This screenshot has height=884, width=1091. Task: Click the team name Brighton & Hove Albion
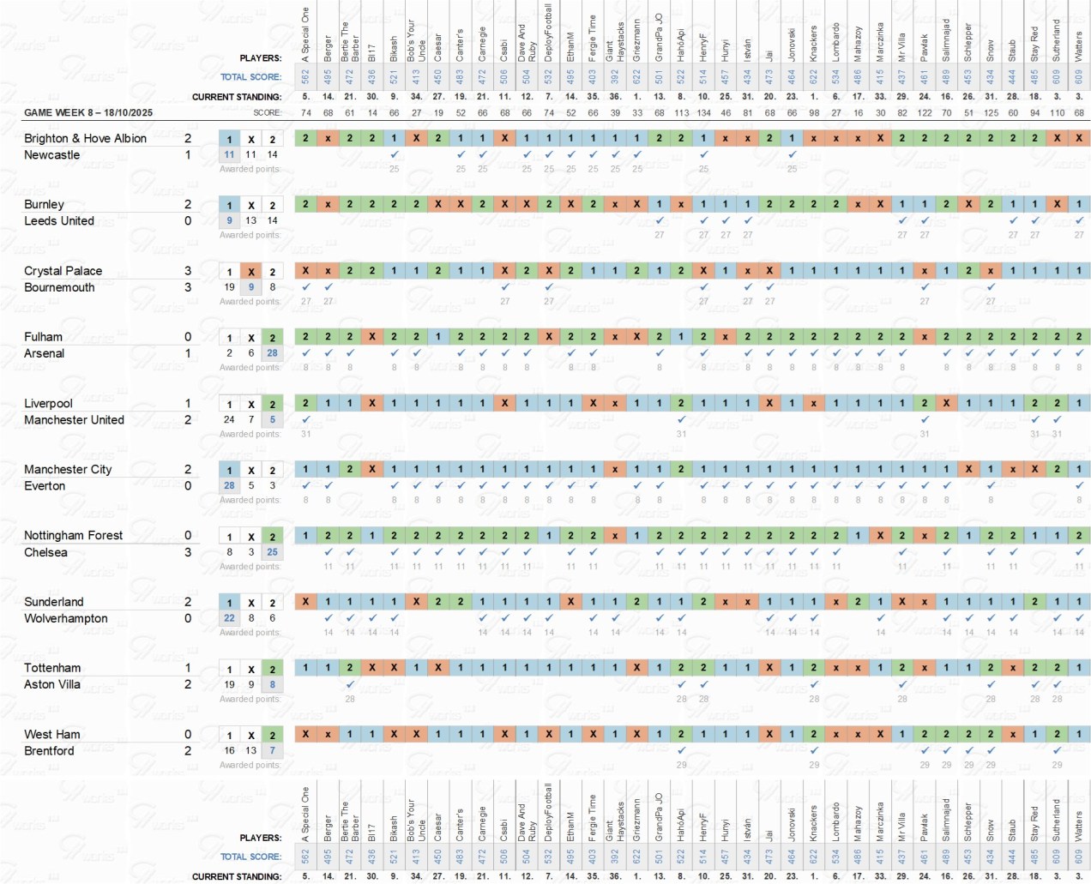coord(85,138)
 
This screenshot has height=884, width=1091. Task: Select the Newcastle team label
coord(51,155)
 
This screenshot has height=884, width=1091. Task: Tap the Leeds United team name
coord(58,221)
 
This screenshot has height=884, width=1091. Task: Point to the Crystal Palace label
coord(63,271)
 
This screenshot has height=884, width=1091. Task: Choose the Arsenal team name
coord(44,353)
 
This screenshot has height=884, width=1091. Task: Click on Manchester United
coord(74,420)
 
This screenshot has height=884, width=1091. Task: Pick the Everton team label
coord(45,486)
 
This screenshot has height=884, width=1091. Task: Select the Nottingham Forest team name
coord(73,535)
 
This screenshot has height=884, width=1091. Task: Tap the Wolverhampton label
coord(66,618)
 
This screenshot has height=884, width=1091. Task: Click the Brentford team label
coord(49,751)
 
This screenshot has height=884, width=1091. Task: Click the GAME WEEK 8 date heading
coord(88,112)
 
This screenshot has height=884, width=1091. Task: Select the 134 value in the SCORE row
coord(703,112)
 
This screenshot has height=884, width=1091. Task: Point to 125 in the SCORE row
coord(991,112)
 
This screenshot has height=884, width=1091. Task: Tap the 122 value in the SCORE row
coord(925,112)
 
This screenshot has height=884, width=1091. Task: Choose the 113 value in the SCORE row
coord(681,112)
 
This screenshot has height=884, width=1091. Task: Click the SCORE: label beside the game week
coord(267,112)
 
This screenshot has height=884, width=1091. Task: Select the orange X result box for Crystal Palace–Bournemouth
coord(250,272)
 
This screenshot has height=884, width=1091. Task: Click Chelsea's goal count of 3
coord(188,552)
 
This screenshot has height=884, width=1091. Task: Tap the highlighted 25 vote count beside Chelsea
coord(272,552)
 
